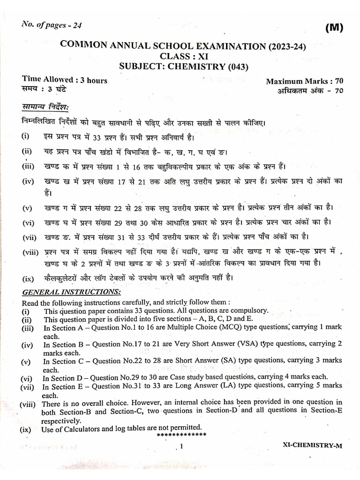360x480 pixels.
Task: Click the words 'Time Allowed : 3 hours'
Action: point(64,80)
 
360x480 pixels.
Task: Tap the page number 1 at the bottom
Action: point(180,447)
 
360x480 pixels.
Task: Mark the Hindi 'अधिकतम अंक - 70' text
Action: point(310,91)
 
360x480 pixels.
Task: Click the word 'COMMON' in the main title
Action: point(82,46)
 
